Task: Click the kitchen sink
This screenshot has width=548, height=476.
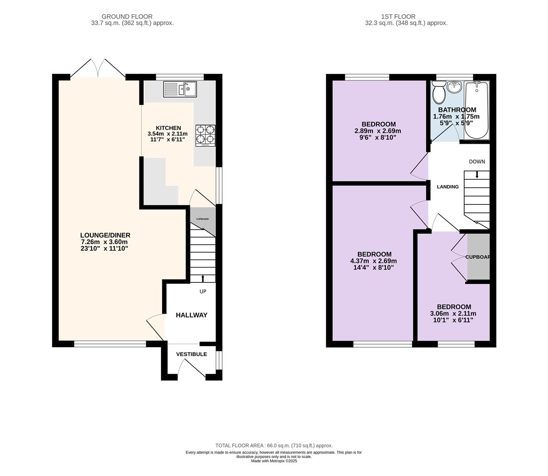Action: tap(180, 89)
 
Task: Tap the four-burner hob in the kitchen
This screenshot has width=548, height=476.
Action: tap(205, 135)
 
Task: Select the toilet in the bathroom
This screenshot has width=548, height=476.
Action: tap(439, 93)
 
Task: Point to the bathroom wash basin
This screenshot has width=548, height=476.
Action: tap(455, 87)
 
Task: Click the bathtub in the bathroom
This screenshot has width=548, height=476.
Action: tap(477, 110)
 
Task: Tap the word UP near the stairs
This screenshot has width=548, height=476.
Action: tap(203, 291)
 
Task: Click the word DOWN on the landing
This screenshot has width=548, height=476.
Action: tap(477, 161)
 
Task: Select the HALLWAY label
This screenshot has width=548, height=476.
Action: tap(191, 315)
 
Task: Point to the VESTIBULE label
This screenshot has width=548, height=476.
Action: tap(191, 354)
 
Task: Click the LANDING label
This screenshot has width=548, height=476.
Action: tap(448, 187)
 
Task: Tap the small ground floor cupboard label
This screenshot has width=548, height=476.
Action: tap(202, 219)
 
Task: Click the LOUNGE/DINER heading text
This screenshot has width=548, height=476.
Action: tap(105, 235)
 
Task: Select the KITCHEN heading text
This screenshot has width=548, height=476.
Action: tap(168, 128)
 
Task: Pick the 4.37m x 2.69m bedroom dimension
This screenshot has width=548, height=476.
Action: tap(374, 261)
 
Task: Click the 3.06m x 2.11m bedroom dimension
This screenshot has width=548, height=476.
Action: tap(453, 313)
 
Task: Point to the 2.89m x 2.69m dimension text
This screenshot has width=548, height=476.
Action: tap(378, 131)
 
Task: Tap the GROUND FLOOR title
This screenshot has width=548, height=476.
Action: tap(127, 17)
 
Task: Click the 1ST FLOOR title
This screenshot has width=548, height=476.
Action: tap(398, 17)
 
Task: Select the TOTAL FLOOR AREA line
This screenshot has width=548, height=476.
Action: tap(274, 446)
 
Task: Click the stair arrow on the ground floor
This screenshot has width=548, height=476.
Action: tap(203, 279)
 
